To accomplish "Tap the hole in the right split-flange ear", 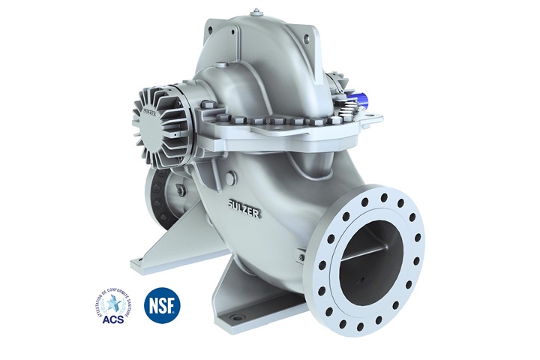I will [x=369, y=118].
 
